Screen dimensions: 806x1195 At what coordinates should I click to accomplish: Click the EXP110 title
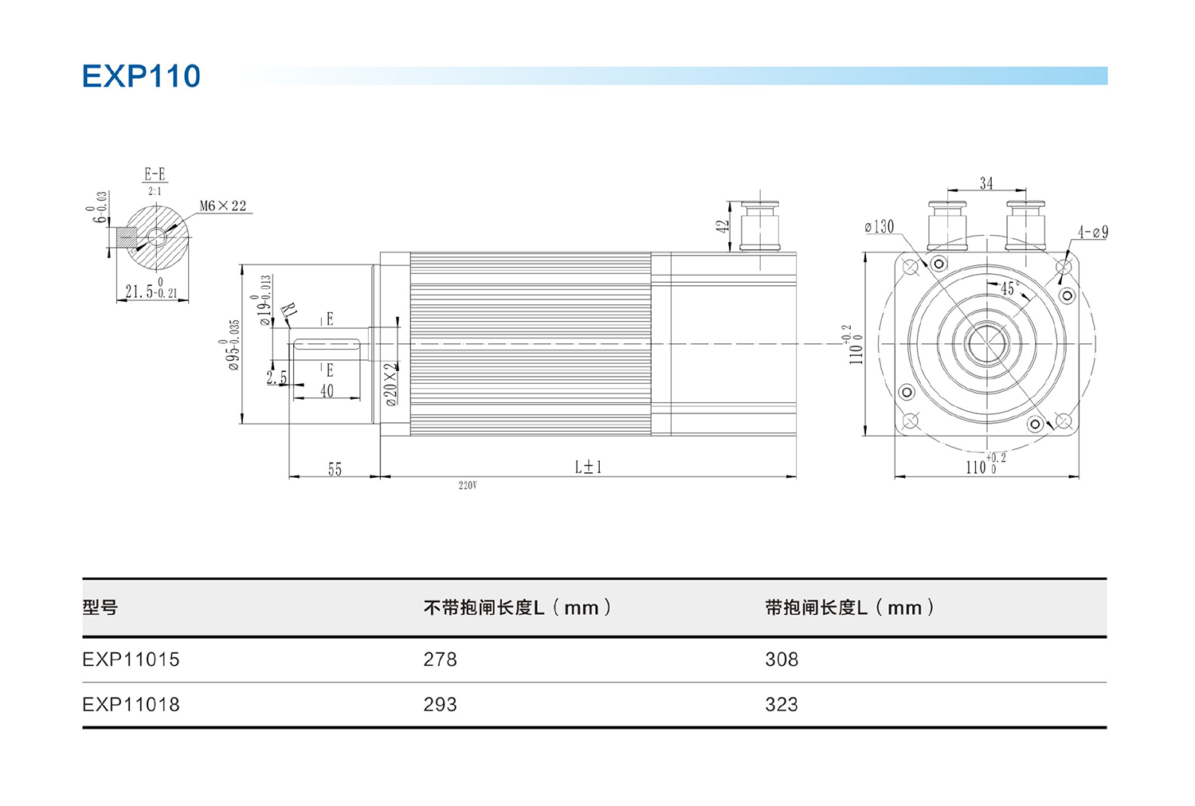(x=141, y=76)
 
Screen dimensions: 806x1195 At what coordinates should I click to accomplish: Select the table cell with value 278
(x=440, y=659)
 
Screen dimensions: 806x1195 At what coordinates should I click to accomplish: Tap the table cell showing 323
(x=781, y=705)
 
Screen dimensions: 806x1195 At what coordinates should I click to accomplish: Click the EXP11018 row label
(x=131, y=705)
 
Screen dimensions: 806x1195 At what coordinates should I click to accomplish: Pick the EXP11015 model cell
(x=131, y=659)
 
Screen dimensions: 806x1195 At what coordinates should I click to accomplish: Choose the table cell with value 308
(x=781, y=659)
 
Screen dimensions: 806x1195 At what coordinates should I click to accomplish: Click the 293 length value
(x=440, y=705)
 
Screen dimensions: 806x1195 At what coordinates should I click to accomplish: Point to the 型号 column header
(x=100, y=608)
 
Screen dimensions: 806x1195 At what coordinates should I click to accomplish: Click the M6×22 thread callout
(x=222, y=206)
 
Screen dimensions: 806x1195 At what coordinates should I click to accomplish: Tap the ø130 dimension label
(x=880, y=227)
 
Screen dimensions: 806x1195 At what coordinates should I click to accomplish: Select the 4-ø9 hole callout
(x=1092, y=233)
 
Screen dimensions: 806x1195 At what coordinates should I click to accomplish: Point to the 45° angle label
(x=1009, y=288)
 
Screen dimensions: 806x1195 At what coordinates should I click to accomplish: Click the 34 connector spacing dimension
(x=986, y=183)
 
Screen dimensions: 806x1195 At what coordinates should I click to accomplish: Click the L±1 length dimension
(x=588, y=467)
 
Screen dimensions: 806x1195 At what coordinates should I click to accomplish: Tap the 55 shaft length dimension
(x=335, y=469)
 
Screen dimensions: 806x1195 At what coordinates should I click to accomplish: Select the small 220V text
(x=468, y=485)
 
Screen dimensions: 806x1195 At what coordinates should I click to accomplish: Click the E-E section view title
(x=155, y=174)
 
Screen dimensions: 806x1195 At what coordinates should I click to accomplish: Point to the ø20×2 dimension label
(x=390, y=384)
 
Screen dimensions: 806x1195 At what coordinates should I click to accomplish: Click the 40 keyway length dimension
(x=327, y=391)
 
